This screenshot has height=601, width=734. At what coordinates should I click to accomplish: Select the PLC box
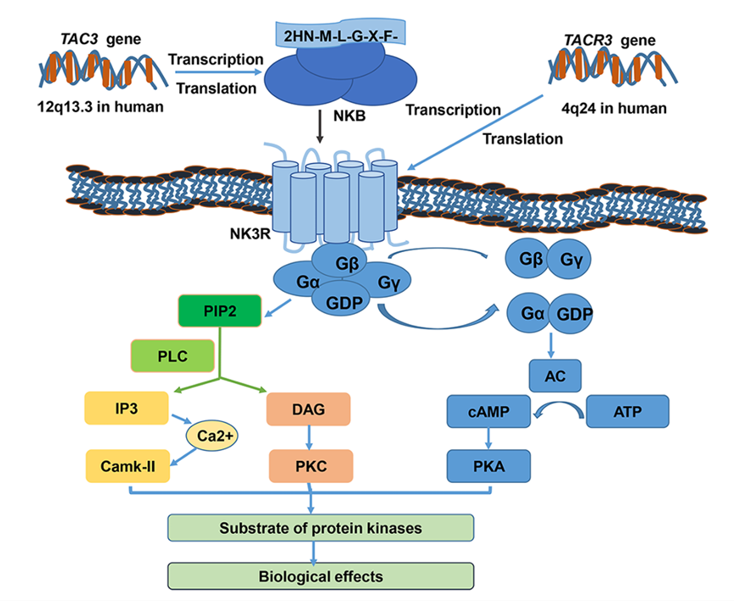(171, 356)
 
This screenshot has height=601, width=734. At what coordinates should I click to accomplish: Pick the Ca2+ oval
(214, 437)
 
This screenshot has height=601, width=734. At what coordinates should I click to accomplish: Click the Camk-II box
(127, 466)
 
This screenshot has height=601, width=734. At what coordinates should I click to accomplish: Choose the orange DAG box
(309, 408)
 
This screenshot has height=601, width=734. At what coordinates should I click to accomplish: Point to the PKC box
(309, 466)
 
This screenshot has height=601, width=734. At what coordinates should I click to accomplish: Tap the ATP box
(627, 412)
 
